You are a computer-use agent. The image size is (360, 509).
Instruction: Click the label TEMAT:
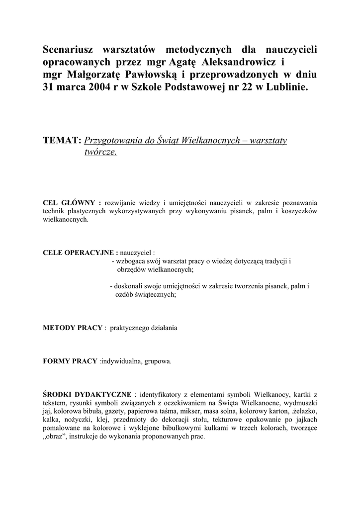pos(63,141)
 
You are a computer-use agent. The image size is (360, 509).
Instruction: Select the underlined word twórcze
pos(100,153)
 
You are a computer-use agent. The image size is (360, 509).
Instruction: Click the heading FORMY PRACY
pos(70,361)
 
